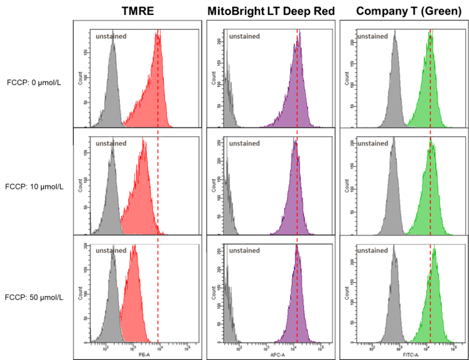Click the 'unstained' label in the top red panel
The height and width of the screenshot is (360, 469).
(111, 36)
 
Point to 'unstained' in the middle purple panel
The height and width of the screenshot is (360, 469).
(244, 143)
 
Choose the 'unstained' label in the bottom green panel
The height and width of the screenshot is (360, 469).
(373, 251)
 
